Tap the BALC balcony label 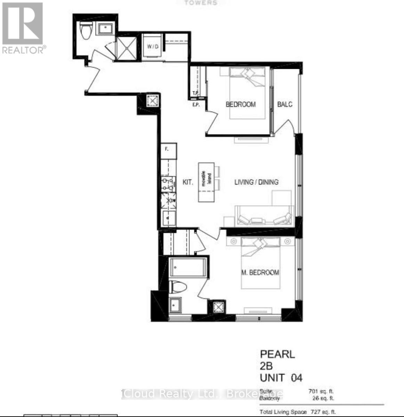point(285,104)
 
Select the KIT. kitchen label point(188,182)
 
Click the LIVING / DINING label point(256,182)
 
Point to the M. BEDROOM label point(260,272)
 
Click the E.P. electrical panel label point(196,105)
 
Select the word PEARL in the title point(277,354)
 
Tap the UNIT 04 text point(281,378)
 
